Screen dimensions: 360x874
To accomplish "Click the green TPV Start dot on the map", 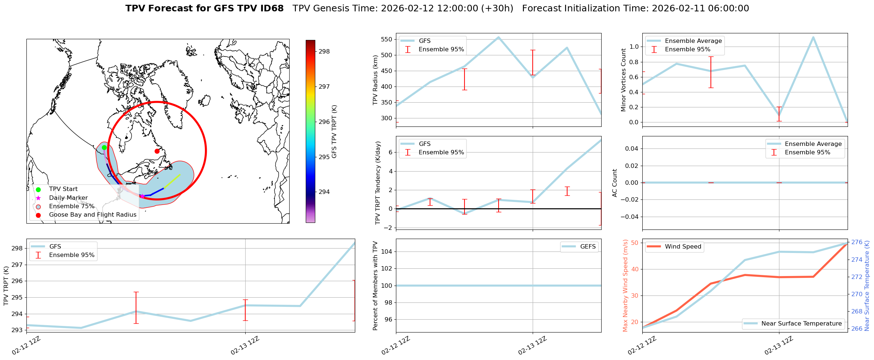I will pos(104,147).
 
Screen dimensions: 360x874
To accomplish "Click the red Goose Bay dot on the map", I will pos(157,151).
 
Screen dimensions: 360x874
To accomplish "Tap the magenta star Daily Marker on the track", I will pos(142,196).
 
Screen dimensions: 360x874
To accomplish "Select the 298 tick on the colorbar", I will pos(324,52).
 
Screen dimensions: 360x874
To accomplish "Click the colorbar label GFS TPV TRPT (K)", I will pos(334,132).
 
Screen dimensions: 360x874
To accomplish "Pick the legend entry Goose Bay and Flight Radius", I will pos(92,215).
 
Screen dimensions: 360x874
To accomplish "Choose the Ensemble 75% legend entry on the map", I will pos(71,206).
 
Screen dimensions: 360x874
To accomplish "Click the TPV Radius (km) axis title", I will pos(375,80).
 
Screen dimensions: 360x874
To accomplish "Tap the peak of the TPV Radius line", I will pos(498,37).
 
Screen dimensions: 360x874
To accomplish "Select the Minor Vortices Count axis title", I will pos(623,80).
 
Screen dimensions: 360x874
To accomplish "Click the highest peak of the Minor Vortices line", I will pos(813,37).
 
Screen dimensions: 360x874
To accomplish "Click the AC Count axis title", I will pos(615,183).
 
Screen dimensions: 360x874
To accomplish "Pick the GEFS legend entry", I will pos(588,247).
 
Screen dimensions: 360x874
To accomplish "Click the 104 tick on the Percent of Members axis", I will pos(387,251).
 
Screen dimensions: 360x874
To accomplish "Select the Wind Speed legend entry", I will pos(683,247).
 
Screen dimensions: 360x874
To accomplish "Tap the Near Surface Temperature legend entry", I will pos(801,324).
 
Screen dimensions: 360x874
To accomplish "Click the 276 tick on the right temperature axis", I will pos(857,242).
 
